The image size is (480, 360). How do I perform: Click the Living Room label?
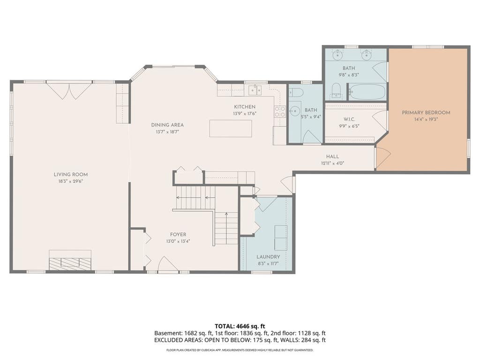(x=71, y=174)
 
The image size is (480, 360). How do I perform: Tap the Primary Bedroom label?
(x=426, y=112)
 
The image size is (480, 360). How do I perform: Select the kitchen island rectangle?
(x=231, y=128)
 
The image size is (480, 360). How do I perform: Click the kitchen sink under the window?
(x=255, y=90)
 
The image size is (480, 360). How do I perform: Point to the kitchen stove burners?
(x=280, y=112)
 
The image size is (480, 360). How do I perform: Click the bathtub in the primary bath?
(x=367, y=92)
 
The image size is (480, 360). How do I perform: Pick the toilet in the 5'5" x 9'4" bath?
(x=297, y=92)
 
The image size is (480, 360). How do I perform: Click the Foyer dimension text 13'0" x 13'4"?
(x=178, y=241)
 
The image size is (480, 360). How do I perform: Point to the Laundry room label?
(x=268, y=257)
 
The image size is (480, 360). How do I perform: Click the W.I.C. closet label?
(x=349, y=119)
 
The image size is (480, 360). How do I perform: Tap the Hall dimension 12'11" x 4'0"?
(x=332, y=163)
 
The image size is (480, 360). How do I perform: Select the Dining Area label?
(x=167, y=125)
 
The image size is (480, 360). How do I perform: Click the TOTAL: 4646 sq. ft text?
(x=240, y=326)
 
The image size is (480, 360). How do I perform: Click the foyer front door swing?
(x=168, y=264)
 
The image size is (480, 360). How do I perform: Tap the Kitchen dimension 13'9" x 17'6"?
(x=245, y=113)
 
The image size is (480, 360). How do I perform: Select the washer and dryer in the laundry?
(x=281, y=238)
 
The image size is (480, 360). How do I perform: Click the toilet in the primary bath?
(x=337, y=91)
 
